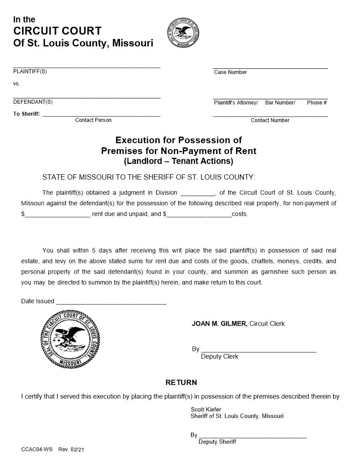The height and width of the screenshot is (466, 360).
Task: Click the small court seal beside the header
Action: [x=183, y=34]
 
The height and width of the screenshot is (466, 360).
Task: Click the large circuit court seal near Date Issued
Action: [x=71, y=338]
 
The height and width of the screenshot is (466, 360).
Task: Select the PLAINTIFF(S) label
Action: [x=30, y=71]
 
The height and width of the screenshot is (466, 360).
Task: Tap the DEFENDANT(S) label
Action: [x=33, y=102]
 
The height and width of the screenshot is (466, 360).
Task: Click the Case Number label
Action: [x=230, y=72]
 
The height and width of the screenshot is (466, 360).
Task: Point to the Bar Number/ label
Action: [x=280, y=103]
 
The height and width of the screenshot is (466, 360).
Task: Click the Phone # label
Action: [x=317, y=103]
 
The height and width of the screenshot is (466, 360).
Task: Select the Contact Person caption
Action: [x=93, y=120]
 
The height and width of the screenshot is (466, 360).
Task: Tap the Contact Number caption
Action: [x=270, y=120]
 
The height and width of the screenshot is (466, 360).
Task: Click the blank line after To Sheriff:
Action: [x=101, y=115]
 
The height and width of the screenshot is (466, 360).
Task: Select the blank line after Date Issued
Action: [x=111, y=303]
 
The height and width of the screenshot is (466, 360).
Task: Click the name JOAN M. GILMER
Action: [x=219, y=324]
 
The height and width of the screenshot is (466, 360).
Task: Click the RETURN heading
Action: [x=181, y=382]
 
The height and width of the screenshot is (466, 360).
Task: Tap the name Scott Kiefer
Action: [x=206, y=410]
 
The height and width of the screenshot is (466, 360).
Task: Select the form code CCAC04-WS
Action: [x=37, y=449]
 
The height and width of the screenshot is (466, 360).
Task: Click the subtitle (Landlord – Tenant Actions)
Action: [x=178, y=161]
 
